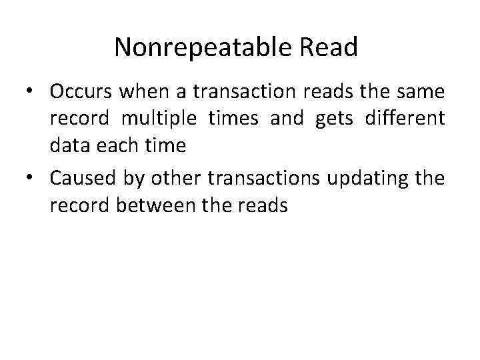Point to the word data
tap(68, 149)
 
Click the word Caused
tap(85, 178)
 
